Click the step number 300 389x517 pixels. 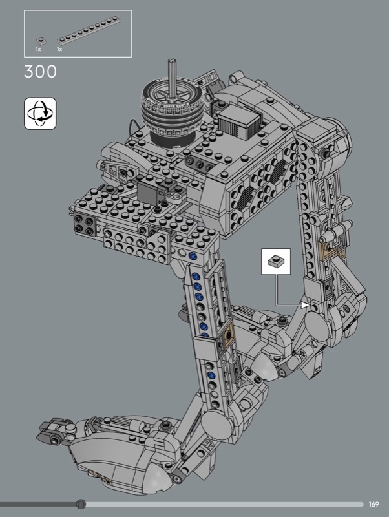point(40,72)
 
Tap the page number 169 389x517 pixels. point(374,504)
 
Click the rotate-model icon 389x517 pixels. point(40,114)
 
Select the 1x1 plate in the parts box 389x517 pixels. point(41,41)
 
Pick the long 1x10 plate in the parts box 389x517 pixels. point(89,30)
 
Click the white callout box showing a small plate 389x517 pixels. point(276,262)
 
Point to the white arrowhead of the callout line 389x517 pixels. point(305,305)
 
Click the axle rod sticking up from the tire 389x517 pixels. point(172,78)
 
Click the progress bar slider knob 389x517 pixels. point(81,504)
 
